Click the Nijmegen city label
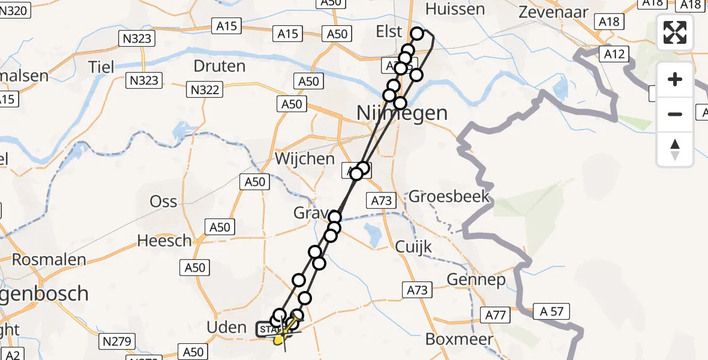pyautogui.click(x=402, y=113)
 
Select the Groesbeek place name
pyautogui.click(x=449, y=196)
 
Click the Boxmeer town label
pyautogui.click(x=460, y=339)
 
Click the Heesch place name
pyautogui.click(x=164, y=241)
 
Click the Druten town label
pyautogui.click(x=220, y=65)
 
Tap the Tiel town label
pyautogui.click(x=101, y=66)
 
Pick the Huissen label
pyautogui.click(x=454, y=9)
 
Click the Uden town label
pyautogui.click(x=226, y=328)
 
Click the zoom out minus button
pyautogui.click(x=675, y=114)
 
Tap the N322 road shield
pyautogui.click(x=206, y=90)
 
